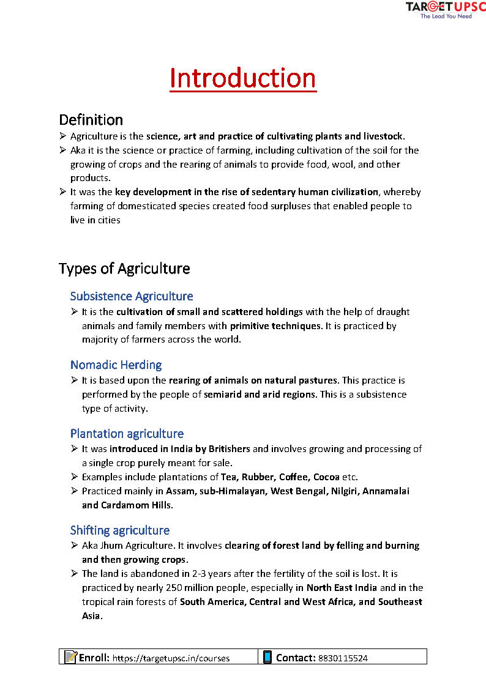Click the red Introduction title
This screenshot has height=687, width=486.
pyautogui.click(x=243, y=78)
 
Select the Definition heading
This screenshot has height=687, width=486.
pyautogui.click(x=91, y=119)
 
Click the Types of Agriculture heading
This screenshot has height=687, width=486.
pyautogui.click(x=124, y=269)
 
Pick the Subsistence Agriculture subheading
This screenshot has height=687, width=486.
pyautogui.click(x=132, y=297)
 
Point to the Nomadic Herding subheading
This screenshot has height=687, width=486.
pyautogui.click(x=116, y=365)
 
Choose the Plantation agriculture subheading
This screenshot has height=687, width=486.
pyautogui.click(x=127, y=434)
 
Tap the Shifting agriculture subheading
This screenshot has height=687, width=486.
pyautogui.click(x=120, y=530)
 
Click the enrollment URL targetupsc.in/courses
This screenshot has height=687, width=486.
pyautogui.click(x=171, y=658)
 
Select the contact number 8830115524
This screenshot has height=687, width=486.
pyautogui.click(x=343, y=658)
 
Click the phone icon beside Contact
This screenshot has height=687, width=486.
pyautogui.click(x=267, y=657)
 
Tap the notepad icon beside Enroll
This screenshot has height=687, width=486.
pyautogui.click(x=71, y=657)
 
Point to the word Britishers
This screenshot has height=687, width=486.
pyautogui.click(x=228, y=449)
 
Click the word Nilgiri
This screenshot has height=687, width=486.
pyautogui.click(x=346, y=491)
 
